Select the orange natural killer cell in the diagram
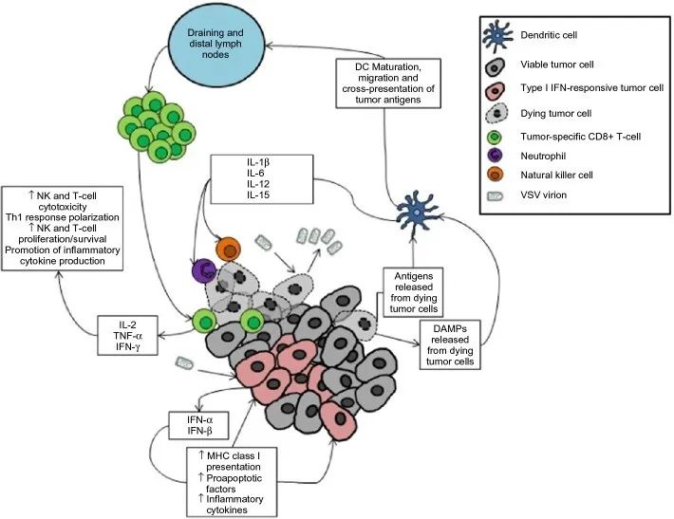coord(229,249)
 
